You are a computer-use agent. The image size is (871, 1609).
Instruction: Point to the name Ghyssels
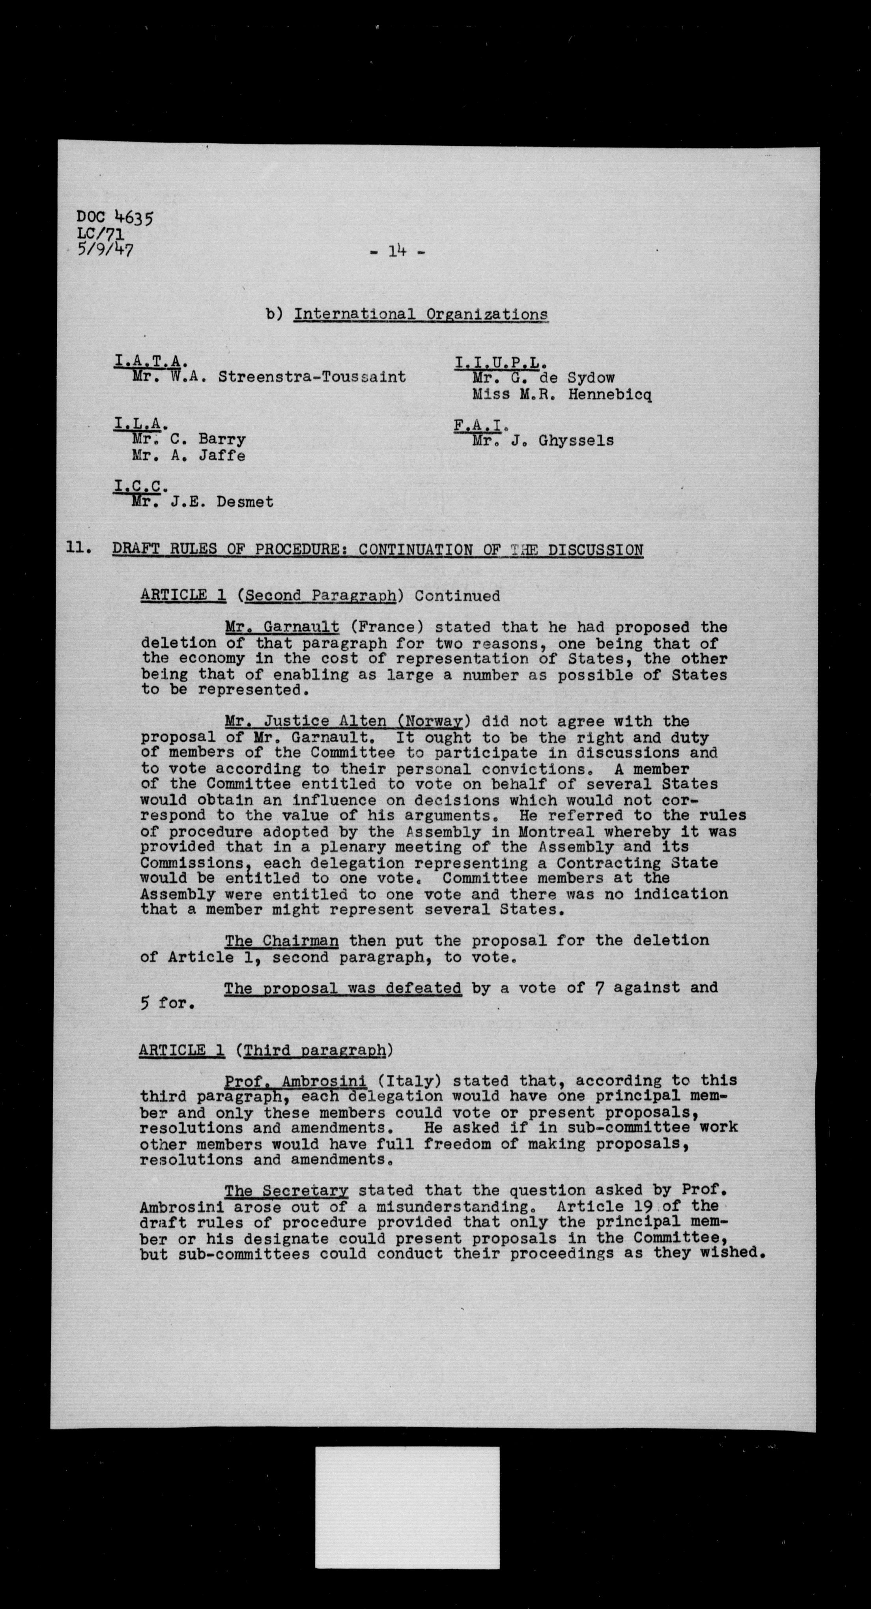(x=576, y=441)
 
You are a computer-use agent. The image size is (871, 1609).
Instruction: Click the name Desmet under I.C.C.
(x=245, y=502)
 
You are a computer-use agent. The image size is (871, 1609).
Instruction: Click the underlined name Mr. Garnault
(x=282, y=627)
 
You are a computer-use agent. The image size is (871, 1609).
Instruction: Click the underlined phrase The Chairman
(x=281, y=941)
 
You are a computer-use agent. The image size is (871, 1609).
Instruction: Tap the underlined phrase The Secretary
(x=286, y=1191)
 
